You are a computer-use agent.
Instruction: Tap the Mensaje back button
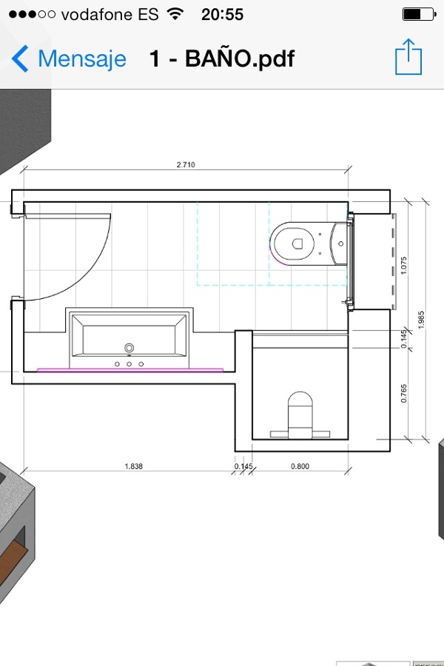(x=69, y=58)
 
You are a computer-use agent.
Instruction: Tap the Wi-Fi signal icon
(x=175, y=14)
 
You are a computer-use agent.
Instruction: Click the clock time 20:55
(x=222, y=14)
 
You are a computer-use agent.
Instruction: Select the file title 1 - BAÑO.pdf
(x=222, y=58)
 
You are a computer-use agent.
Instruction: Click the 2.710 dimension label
(x=186, y=164)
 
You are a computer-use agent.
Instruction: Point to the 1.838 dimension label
(x=133, y=466)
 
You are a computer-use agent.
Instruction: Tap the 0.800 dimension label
(x=300, y=466)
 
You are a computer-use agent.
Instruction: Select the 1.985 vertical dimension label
(x=421, y=318)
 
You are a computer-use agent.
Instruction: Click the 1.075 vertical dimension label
(x=403, y=265)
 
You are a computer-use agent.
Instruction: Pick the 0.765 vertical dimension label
(x=403, y=394)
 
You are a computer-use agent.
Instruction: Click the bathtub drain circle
(x=129, y=347)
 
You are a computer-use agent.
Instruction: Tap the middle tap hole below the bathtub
(x=129, y=363)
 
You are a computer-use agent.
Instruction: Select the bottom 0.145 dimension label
(x=243, y=466)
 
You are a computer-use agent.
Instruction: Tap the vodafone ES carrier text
(x=110, y=14)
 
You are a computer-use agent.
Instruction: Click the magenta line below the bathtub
(x=129, y=368)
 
